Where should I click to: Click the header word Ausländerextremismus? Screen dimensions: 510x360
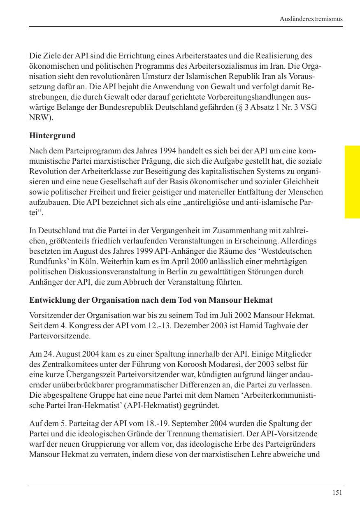tap(311, 19)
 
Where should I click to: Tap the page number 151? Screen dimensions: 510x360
tap(337, 493)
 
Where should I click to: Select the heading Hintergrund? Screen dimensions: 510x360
tap(52, 135)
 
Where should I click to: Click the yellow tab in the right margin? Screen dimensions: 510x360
tap(352, 181)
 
